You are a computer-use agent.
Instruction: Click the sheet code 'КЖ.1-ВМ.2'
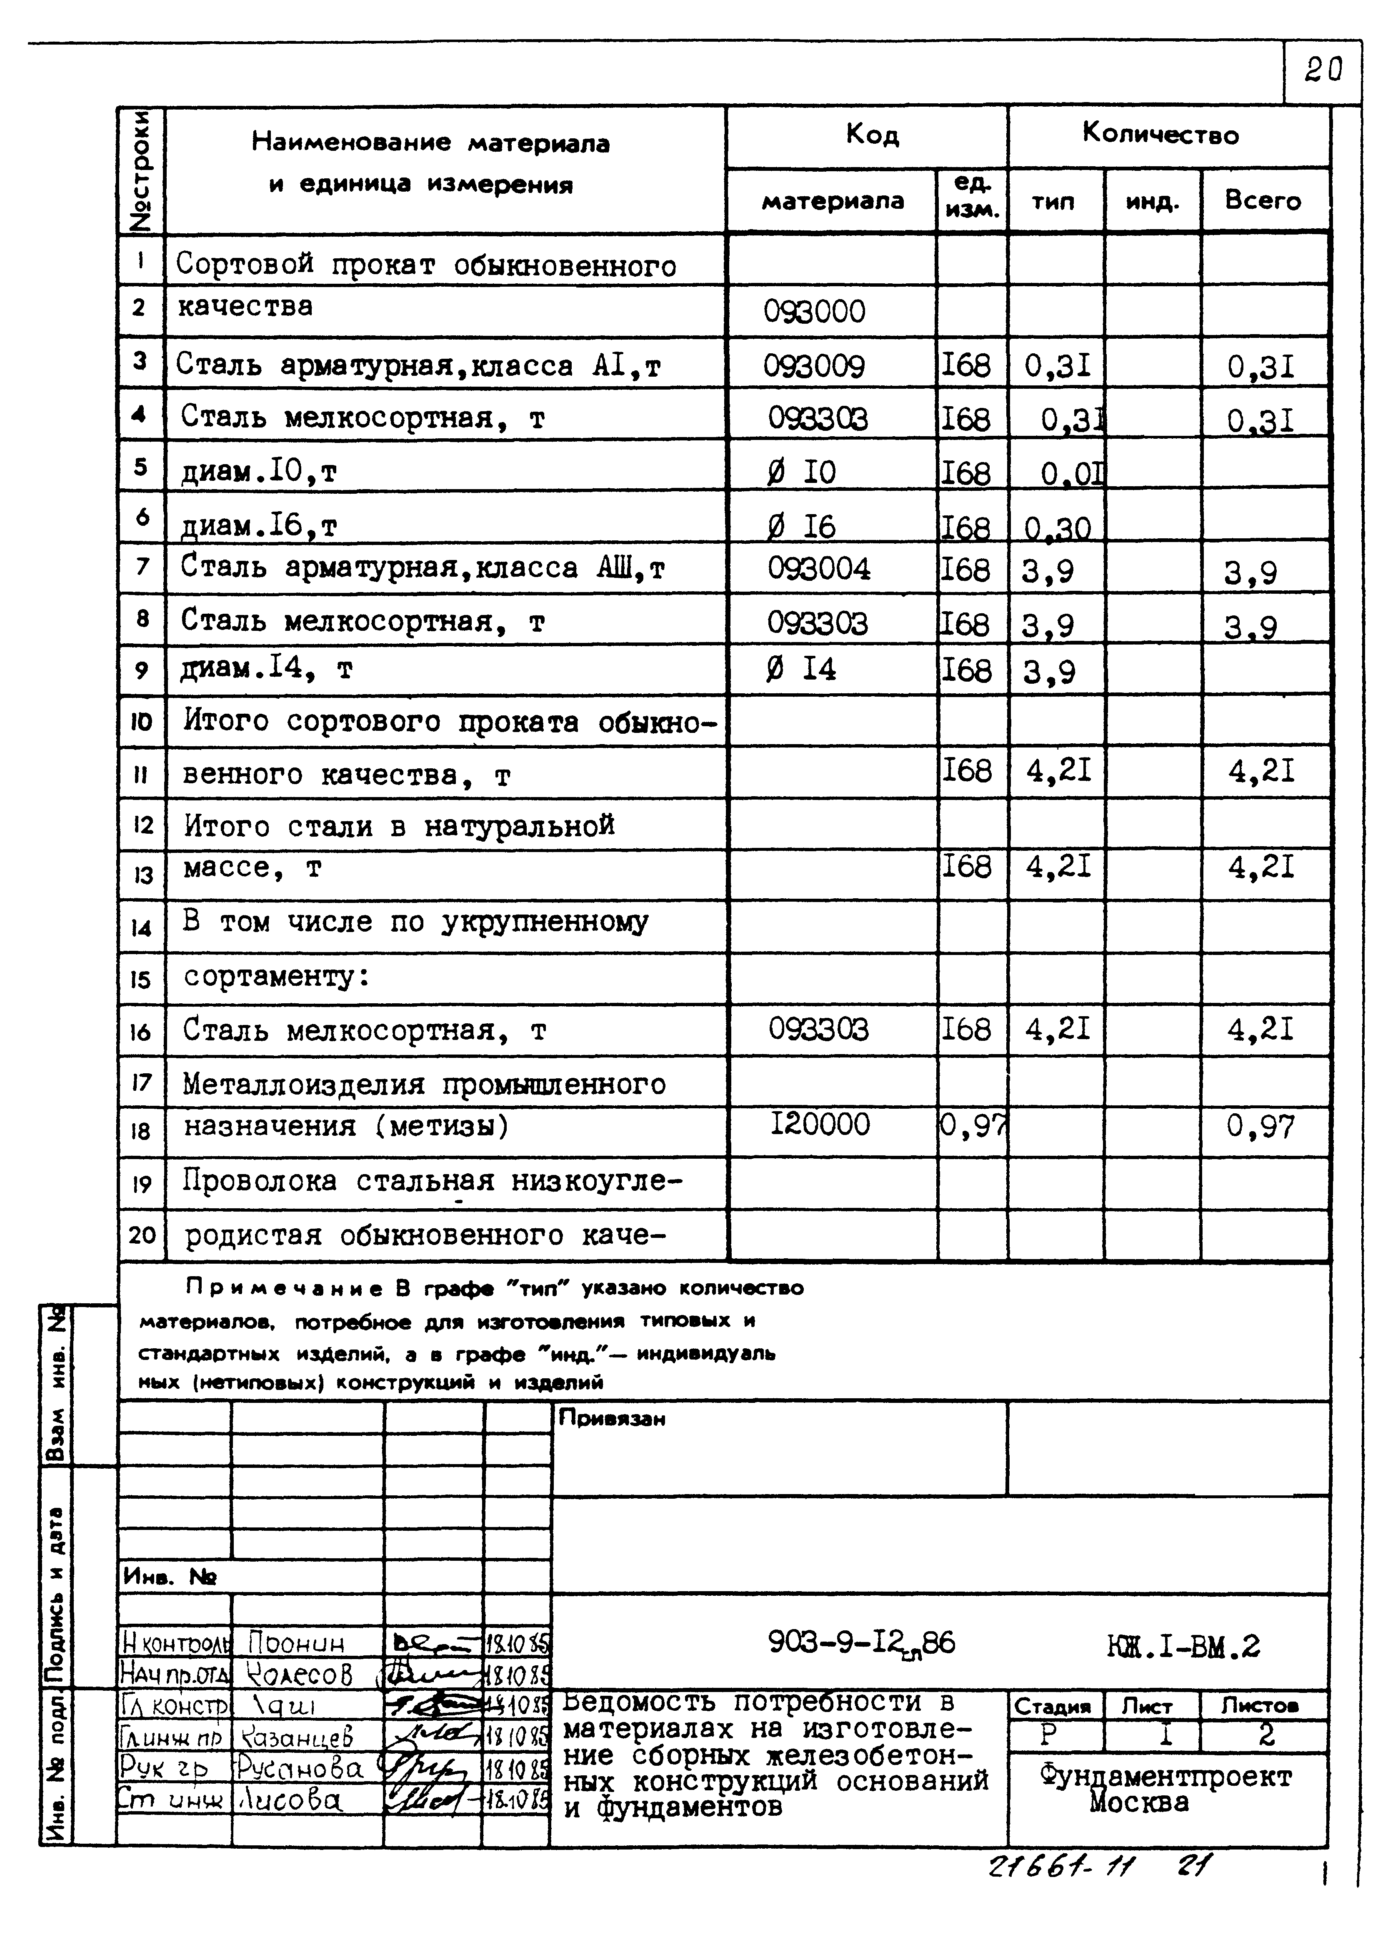coord(1184,1646)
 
